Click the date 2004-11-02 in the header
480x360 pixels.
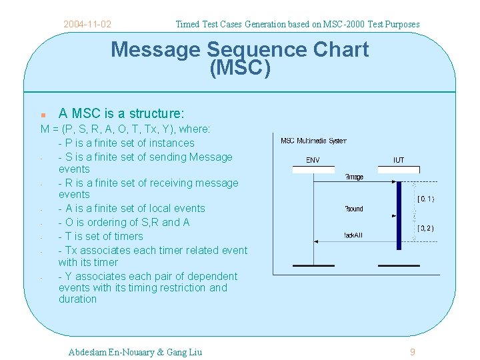pos(87,25)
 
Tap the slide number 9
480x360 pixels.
pos(412,352)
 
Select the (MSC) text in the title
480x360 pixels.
pos(240,68)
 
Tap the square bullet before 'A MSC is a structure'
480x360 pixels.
pos(43,115)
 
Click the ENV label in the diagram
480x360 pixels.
pos(312,160)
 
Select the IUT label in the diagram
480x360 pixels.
pos(398,160)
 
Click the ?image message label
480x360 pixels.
pos(354,177)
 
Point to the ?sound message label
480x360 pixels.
pos(354,209)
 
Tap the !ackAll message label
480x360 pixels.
pos(354,235)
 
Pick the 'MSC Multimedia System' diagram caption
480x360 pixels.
pos(313,141)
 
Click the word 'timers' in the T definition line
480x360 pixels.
pos(128,236)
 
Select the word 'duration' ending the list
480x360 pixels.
pos(77,299)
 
